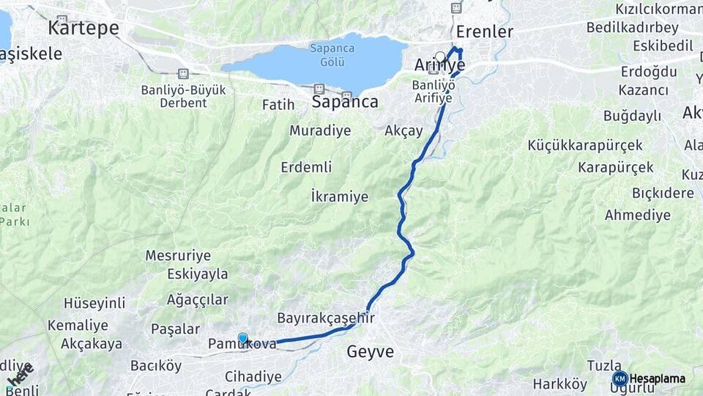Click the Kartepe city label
coord(83,28)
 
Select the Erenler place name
coord(484,32)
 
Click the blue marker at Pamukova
coord(243,338)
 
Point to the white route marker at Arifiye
coord(440,56)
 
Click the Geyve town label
coord(370,352)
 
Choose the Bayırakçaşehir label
coord(326,318)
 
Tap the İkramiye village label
coord(339,197)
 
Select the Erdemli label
coord(306,167)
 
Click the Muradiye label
coord(320,131)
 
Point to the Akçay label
coord(404,131)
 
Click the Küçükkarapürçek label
coord(584,145)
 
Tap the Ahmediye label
coord(637,215)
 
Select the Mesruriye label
coord(178,255)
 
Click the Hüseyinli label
coord(94,303)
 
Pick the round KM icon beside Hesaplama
coord(620,378)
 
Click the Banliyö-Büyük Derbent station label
coord(184,95)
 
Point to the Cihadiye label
coord(253,376)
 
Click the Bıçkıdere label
coord(663,193)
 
